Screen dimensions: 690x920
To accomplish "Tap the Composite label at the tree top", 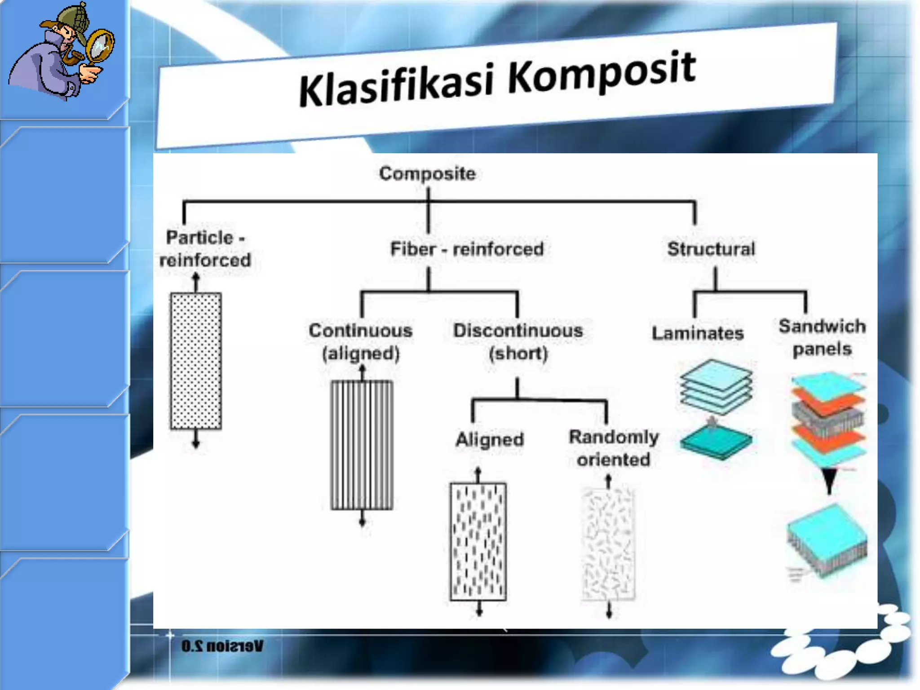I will [x=427, y=173].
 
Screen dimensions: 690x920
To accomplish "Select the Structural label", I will [x=711, y=249].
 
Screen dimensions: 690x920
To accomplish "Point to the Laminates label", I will [x=697, y=333].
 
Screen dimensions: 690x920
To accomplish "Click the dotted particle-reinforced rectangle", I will [x=196, y=361].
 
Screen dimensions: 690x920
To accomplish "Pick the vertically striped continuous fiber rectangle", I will [x=362, y=445].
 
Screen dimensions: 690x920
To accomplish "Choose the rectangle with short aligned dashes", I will [x=478, y=541].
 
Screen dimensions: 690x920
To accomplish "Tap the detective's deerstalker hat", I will [x=72, y=20].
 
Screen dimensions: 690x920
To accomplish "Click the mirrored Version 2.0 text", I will [x=222, y=646].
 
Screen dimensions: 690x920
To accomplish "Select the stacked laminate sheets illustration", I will [x=716, y=386].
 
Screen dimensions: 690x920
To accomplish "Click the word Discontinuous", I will [x=518, y=331].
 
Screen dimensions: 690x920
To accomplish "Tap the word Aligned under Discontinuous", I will [x=490, y=439].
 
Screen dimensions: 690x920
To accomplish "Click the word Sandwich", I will [x=822, y=326].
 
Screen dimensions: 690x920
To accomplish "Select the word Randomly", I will [x=614, y=437].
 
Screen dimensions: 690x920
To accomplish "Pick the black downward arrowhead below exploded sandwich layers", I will [x=829, y=481].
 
